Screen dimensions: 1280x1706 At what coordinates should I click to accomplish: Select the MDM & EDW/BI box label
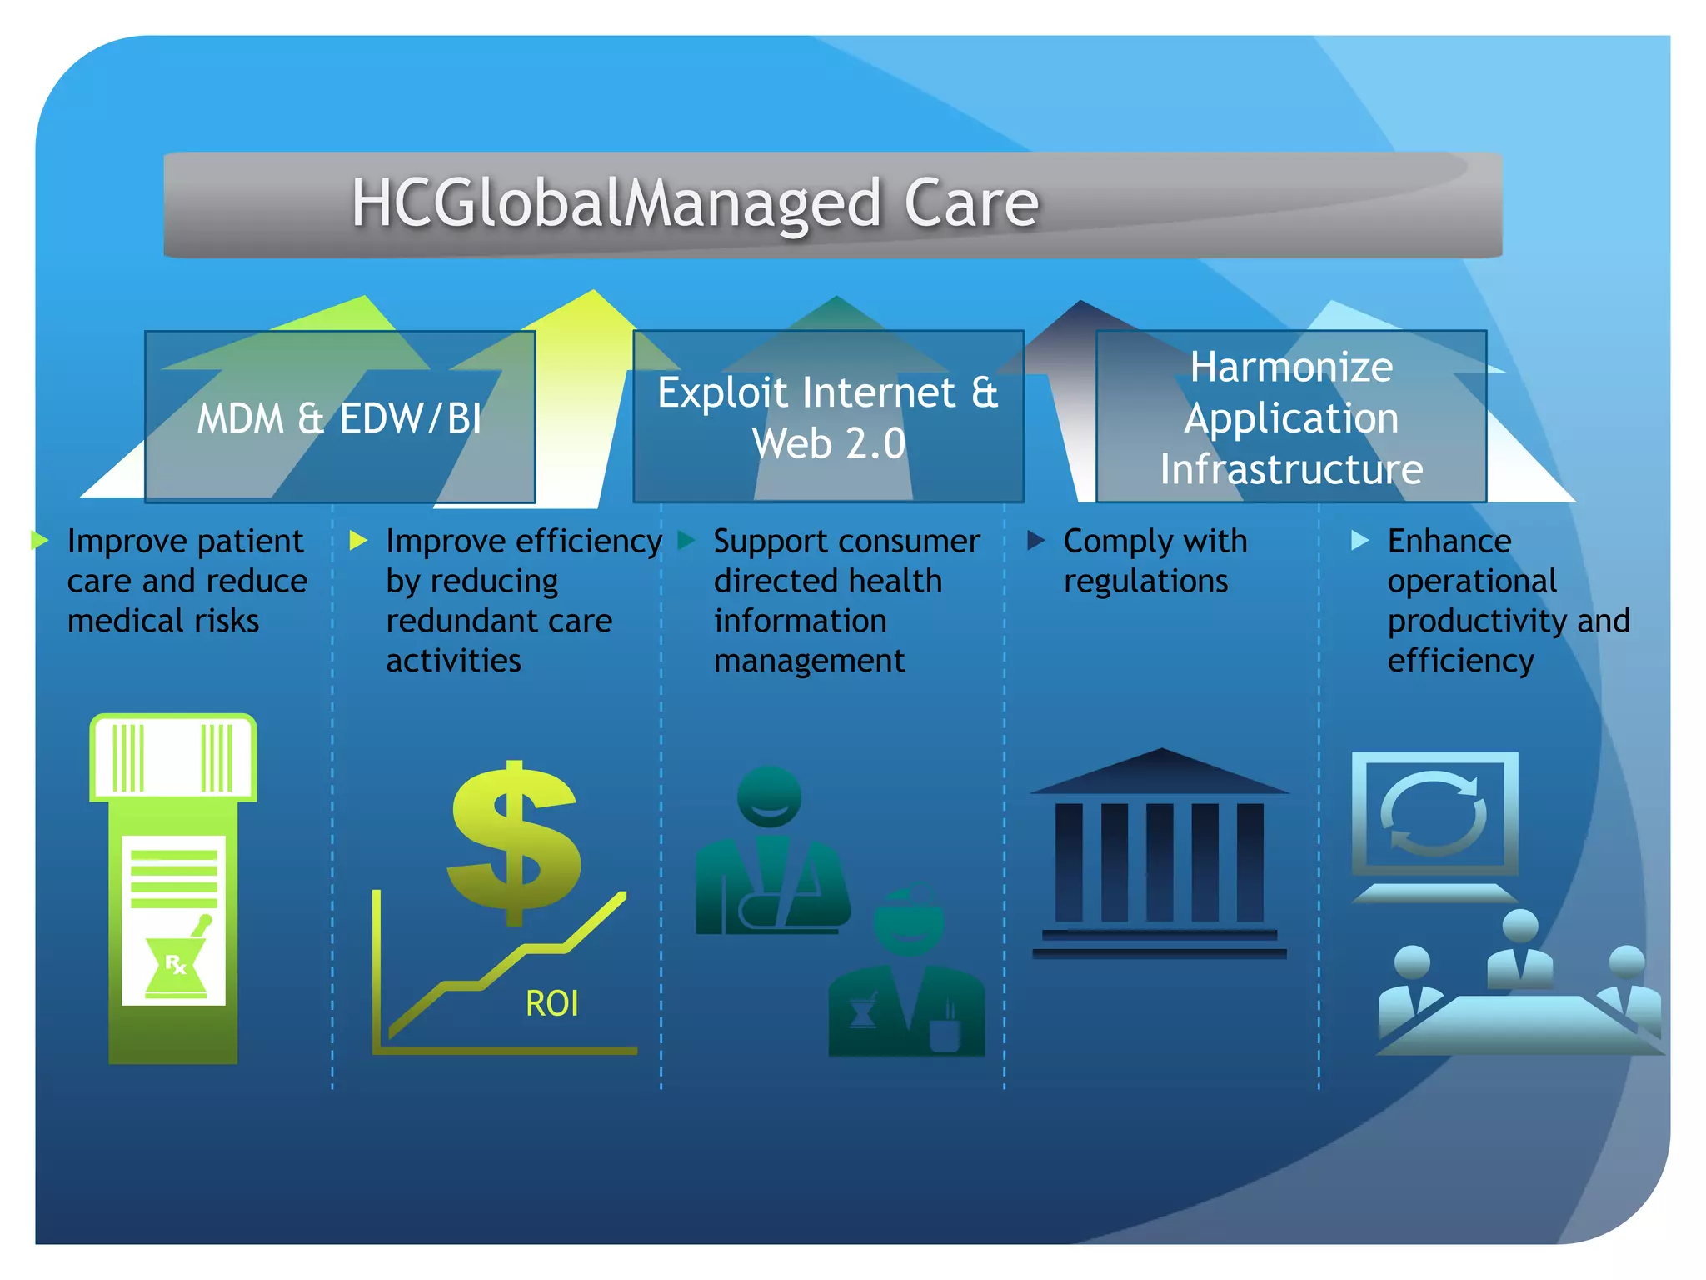click(x=339, y=418)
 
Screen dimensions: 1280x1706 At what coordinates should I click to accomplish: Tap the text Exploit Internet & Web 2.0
click(x=828, y=417)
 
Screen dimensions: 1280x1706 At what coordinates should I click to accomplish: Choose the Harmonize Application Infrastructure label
click(x=1291, y=417)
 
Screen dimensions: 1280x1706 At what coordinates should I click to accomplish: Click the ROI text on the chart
click(x=551, y=1003)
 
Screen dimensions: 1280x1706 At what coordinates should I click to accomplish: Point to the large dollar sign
click(x=514, y=842)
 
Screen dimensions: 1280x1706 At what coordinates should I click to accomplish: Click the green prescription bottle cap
click(x=173, y=757)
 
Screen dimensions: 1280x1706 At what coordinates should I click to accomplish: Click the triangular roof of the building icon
click(x=1160, y=772)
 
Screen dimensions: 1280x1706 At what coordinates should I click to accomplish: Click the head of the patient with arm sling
click(x=769, y=796)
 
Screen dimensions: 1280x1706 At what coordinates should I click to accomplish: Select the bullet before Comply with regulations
click(x=1035, y=541)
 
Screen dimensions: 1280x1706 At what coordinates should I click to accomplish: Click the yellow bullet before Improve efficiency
click(x=358, y=541)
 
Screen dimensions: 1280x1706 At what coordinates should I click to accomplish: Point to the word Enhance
click(x=1449, y=542)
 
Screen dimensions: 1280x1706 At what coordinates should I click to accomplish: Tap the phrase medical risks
click(x=163, y=621)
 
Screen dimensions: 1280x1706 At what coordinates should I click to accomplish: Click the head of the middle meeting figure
click(x=1520, y=926)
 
